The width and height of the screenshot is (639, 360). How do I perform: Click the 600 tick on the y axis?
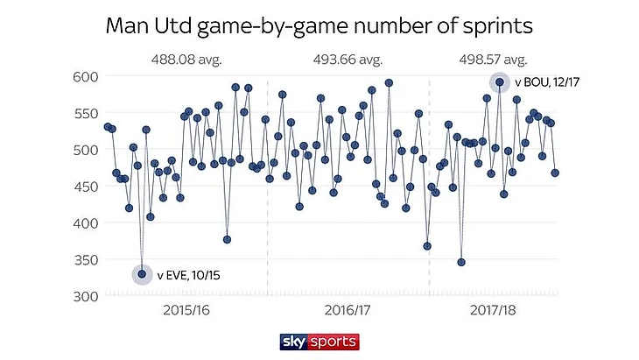tap(82, 76)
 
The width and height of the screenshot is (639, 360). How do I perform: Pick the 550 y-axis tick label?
tap(82, 113)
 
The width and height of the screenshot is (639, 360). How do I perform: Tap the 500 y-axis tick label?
tap(82, 150)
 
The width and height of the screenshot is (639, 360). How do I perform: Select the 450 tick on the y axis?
tap(82, 187)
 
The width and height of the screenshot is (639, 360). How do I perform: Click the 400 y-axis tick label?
tap(82, 223)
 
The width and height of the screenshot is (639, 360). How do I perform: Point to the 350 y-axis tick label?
tap(82, 260)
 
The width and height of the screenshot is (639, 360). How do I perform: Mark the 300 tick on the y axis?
tap(82, 296)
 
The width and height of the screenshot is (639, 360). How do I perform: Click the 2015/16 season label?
tap(186, 310)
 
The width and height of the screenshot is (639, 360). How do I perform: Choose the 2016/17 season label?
tap(348, 310)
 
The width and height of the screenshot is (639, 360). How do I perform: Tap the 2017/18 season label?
tap(493, 310)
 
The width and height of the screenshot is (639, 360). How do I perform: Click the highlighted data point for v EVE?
tap(142, 274)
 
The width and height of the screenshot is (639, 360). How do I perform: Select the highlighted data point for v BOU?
tap(500, 82)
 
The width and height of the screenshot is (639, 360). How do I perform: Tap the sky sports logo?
tap(319, 340)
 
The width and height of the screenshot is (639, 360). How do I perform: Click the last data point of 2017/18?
tap(555, 173)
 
